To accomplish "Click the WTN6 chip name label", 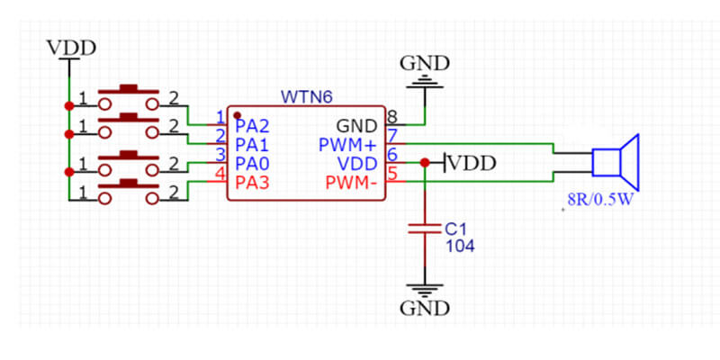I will coord(306,95).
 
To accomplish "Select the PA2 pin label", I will coord(252,125).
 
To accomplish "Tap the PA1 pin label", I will coord(252,144).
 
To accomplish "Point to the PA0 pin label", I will coord(252,164).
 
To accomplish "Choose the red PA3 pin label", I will coord(252,184).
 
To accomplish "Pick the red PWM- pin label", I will coord(353,184).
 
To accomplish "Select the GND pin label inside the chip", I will coord(357,125).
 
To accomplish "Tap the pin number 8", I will coord(391,116).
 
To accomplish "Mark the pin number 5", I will coord(391,175).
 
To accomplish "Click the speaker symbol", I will coord(616,162).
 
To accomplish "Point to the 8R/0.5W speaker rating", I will coord(600,201).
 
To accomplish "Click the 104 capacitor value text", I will coord(460,245).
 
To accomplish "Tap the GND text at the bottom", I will coord(424,309).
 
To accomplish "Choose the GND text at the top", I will coord(424,64).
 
